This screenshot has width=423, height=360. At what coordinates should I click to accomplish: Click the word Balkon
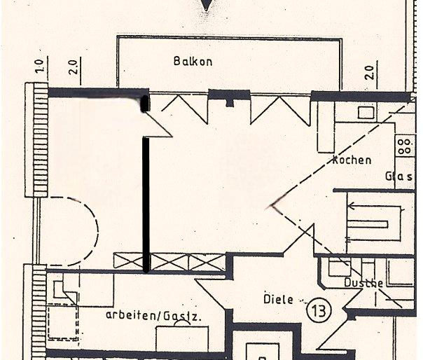click(x=193, y=62)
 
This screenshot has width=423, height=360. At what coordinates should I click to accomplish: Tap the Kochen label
click(x=352, y=160)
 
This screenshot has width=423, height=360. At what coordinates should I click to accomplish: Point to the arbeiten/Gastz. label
click(x=154, y=316)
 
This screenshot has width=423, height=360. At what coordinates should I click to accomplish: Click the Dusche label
click(x=363, y=283)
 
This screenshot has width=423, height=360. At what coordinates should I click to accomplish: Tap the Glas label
click(x=399, y=177)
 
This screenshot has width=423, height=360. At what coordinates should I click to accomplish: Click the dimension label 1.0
click(x=39, y=67)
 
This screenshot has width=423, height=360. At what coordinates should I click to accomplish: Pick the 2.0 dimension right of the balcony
click(x=369, y=71)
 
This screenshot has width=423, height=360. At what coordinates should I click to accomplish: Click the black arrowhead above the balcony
click(x=206, y=6)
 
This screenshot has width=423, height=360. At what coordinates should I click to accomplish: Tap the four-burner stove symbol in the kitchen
click(x=404, y=146)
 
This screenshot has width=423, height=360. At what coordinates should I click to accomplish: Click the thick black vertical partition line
click(x=146, y=203)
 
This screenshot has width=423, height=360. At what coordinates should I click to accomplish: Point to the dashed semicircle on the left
click(x=77, y=231)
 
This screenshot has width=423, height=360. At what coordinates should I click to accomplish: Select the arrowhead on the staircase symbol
click(x=352, y=206)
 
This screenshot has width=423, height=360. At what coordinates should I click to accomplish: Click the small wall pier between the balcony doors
click(x=228, y=99)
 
